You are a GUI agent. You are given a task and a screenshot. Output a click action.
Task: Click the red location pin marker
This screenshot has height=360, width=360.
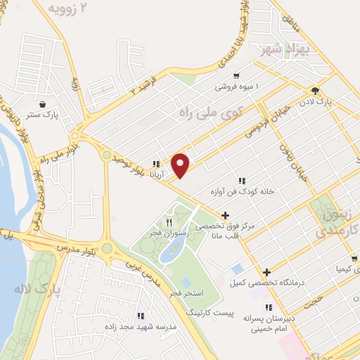(x=181, y=164)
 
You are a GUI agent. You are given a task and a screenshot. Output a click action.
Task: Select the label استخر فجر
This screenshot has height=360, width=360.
(x=186, y=290)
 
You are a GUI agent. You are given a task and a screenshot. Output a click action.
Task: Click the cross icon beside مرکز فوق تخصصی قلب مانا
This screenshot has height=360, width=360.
(x=224, y=215)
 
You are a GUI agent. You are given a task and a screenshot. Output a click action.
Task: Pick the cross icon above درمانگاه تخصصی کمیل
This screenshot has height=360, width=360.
(x=266, y=272)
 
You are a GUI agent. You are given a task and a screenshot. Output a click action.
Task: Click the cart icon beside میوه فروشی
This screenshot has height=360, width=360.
(x=237, y=75)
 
